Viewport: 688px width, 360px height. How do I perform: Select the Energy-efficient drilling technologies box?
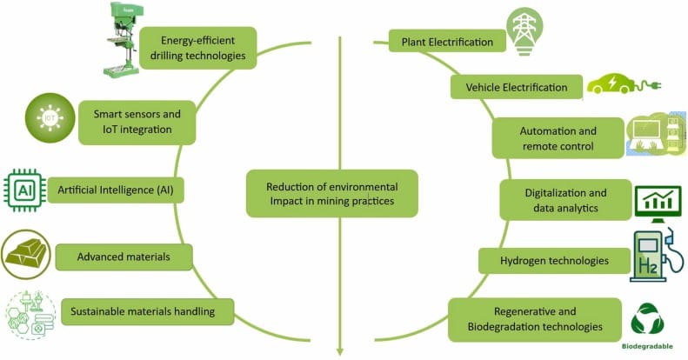(197, 48)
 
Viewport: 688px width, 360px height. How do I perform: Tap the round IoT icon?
(50, 117)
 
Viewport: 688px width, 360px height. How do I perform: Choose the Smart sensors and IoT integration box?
(137, 123)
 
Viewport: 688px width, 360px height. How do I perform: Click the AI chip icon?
(24, 190)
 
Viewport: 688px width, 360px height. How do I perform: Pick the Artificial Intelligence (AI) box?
(116, 190)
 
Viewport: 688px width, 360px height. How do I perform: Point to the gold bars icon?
(26, 254)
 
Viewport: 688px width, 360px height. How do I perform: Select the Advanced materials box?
(124, 257)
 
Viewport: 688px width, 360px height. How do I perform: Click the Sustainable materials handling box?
(147, 312)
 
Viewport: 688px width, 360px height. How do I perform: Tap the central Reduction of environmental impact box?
(331, 193)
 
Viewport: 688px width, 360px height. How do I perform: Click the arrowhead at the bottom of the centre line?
(339, 351)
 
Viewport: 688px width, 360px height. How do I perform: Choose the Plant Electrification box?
(447, 42)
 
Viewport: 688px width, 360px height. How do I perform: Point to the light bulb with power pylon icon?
(524, 31)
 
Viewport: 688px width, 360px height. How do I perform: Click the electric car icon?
(624, 83)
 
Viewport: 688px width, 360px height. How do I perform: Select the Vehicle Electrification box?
(517, 87)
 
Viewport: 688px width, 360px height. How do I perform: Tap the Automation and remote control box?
(558, 138)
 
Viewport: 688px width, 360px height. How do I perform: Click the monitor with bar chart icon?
(658, 203)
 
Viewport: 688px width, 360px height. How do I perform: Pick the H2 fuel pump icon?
(656, 255)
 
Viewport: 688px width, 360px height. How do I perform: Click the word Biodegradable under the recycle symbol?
(647, 346)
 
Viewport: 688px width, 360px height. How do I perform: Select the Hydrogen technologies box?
(554, 261)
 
